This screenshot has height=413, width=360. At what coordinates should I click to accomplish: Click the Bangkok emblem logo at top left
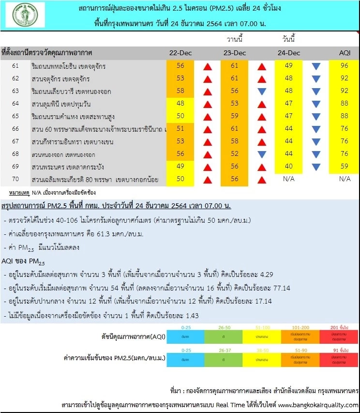pyautogui.click(x=25, y=15)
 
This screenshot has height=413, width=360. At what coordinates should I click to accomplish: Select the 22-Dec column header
pyautogui.click(x=180, y=53)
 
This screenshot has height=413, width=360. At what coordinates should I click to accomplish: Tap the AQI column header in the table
pyautogui.click(x=345, y=53)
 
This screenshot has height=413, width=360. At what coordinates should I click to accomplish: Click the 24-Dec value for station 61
pyautogui.click(x=289, y=66)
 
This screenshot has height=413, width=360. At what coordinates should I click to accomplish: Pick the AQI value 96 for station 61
pyautogui.click(x=345, y=66)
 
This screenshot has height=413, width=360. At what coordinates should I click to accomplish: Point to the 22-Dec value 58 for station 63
pyautogui.click(x=180, y=91)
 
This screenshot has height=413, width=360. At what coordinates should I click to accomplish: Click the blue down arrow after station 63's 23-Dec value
pyautogui.click(x=262, y=91)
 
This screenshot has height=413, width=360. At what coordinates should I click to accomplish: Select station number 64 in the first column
pyautogui.click(x=15, y=104)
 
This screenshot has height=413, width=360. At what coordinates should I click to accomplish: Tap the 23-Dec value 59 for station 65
pyautogui.click(x=235, y=116)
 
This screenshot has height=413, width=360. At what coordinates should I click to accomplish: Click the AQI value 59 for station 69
pyautogui.click(x=345, y=167)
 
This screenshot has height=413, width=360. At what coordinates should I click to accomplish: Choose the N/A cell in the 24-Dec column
pyautogui.click(x=289, y=179)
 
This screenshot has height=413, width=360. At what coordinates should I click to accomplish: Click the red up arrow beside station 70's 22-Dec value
pyautogui.click(x=207, y=180)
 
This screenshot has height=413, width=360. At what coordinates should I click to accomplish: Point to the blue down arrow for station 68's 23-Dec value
pyautogui.click(x=262, y=154)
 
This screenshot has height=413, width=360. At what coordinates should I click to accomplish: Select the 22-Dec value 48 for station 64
pyautogui.click(x=180, y=104)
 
